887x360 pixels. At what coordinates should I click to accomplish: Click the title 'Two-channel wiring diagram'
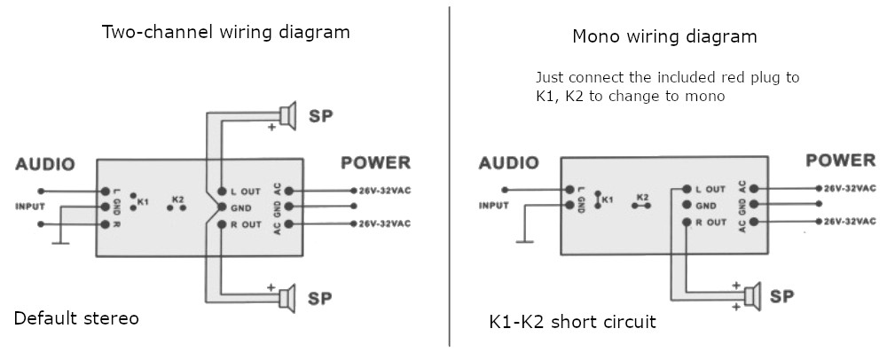226,33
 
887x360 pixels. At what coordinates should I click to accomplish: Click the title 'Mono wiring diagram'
664,37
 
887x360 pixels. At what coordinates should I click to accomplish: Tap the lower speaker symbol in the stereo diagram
287,298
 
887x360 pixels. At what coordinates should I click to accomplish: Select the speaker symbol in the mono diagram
753,294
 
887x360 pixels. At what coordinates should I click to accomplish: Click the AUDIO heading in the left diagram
45,164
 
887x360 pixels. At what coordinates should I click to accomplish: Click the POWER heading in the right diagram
840,160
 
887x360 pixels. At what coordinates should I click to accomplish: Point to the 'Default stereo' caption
76,318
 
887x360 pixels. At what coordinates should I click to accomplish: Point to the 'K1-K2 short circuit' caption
572,322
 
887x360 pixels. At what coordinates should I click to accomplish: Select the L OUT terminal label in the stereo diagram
244,191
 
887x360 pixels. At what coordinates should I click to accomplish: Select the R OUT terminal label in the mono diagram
710,222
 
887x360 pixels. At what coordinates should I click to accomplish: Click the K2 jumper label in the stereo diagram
177,199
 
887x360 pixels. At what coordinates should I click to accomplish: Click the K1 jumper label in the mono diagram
608,200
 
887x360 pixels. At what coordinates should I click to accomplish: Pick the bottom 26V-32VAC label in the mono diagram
850,221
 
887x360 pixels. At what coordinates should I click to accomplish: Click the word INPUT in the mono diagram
494,205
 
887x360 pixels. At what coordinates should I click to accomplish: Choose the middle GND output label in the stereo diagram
242,207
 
